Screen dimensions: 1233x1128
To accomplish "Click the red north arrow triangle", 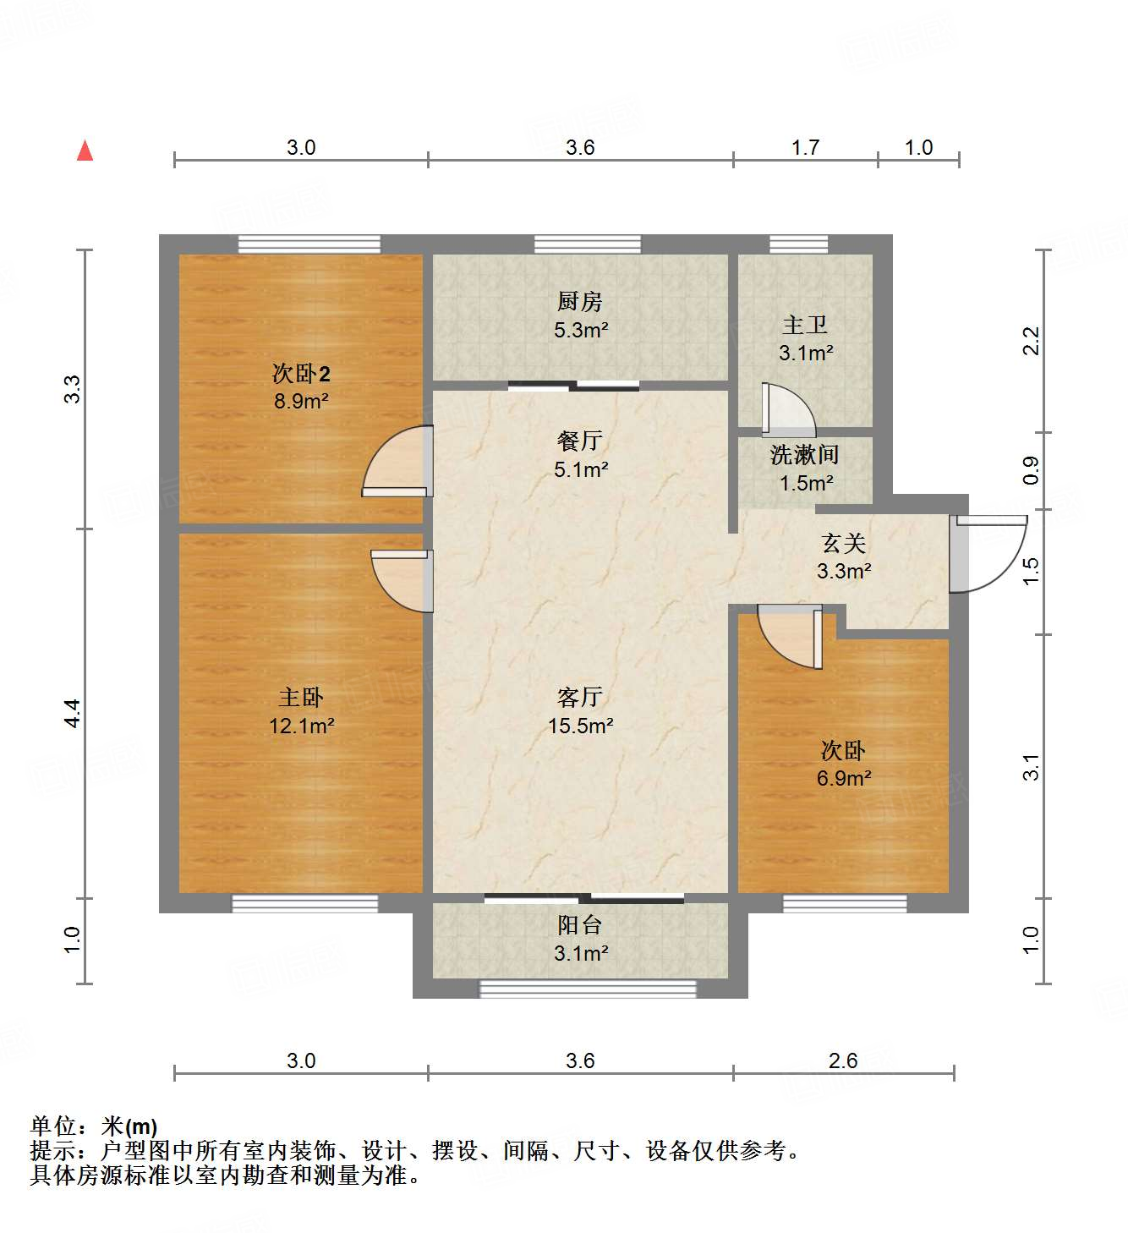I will coord(85,151).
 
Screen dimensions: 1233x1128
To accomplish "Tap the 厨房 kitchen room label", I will coord(580,301).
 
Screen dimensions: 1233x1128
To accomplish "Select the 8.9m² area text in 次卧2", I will coord(301,401).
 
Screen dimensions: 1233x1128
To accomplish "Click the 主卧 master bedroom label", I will coord(301,697).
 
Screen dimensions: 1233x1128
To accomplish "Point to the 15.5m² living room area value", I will coord(580,726).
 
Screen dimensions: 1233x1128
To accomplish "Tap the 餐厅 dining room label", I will coord(580,441).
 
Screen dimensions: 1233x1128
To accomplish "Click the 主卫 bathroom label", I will coord(805,325).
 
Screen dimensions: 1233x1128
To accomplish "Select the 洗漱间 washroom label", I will coord(805,455).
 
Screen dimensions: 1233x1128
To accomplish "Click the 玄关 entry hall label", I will coord(844,543).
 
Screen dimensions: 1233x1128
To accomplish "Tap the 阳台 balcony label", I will coord(580,925).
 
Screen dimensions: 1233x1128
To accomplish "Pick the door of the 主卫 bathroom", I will coord(786,411).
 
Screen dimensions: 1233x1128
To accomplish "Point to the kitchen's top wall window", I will coord(587,244).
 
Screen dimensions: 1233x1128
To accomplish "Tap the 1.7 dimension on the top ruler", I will coord(805,148).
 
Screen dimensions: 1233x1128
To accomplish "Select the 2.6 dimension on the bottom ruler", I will coord(843,1060).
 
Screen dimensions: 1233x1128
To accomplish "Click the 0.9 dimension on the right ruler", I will coord(1031,470).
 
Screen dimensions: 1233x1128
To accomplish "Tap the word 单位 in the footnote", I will coord(53,1126).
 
